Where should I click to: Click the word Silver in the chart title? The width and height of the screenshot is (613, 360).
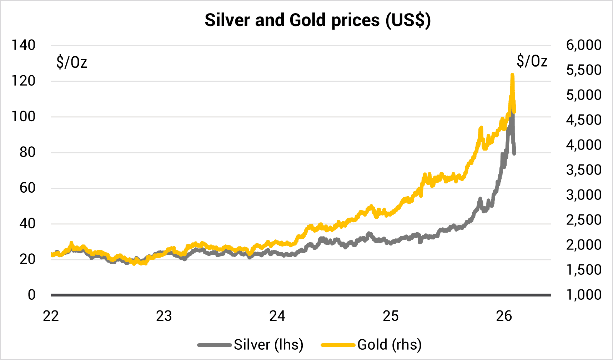tap(227, 20)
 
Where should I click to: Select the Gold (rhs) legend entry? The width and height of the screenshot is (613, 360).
tap(371, 345)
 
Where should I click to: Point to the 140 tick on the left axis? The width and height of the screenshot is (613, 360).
tap(24, 45)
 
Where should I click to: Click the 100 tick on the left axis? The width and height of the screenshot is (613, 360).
tap(24, 117)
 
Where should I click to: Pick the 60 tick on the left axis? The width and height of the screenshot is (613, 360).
tap(27, 188)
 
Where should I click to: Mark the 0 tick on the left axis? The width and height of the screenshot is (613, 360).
tap(32, 295)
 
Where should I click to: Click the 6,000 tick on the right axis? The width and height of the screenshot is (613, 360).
tap(584, 45)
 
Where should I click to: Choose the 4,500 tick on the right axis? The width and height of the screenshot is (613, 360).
tap(584, 120)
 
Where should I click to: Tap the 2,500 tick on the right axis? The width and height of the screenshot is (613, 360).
tap(584, 220)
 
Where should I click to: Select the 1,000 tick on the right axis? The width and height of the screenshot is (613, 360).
tap(584, 295)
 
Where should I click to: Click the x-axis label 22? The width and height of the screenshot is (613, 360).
tap(51, 316)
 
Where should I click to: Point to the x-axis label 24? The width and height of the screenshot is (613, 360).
tap(277, 316)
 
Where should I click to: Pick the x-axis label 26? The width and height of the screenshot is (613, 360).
tap(504, 316)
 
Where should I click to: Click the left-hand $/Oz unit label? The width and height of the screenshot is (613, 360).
tap(72, 62)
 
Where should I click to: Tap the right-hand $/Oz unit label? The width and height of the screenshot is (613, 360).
tap(532, 61)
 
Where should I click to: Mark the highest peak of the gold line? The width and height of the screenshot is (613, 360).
tap(512, 75)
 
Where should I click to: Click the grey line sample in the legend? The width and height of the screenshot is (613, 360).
tap(215, 345)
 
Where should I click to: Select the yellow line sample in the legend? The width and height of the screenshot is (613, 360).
tap(338, 345)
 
